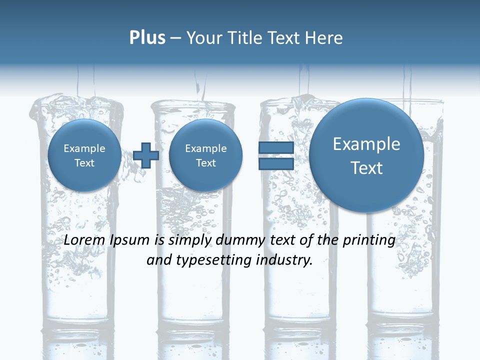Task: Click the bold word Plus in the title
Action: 147,38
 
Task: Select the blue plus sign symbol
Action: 146,155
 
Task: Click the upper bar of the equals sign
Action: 276,147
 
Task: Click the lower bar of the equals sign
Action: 276,163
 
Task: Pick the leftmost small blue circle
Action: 84,155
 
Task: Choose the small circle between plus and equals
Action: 205,155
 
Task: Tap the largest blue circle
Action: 366,155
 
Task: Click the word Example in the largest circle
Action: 366,144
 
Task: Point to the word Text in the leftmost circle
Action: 84,163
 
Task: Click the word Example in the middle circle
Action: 205,148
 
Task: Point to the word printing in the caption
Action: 369,240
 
